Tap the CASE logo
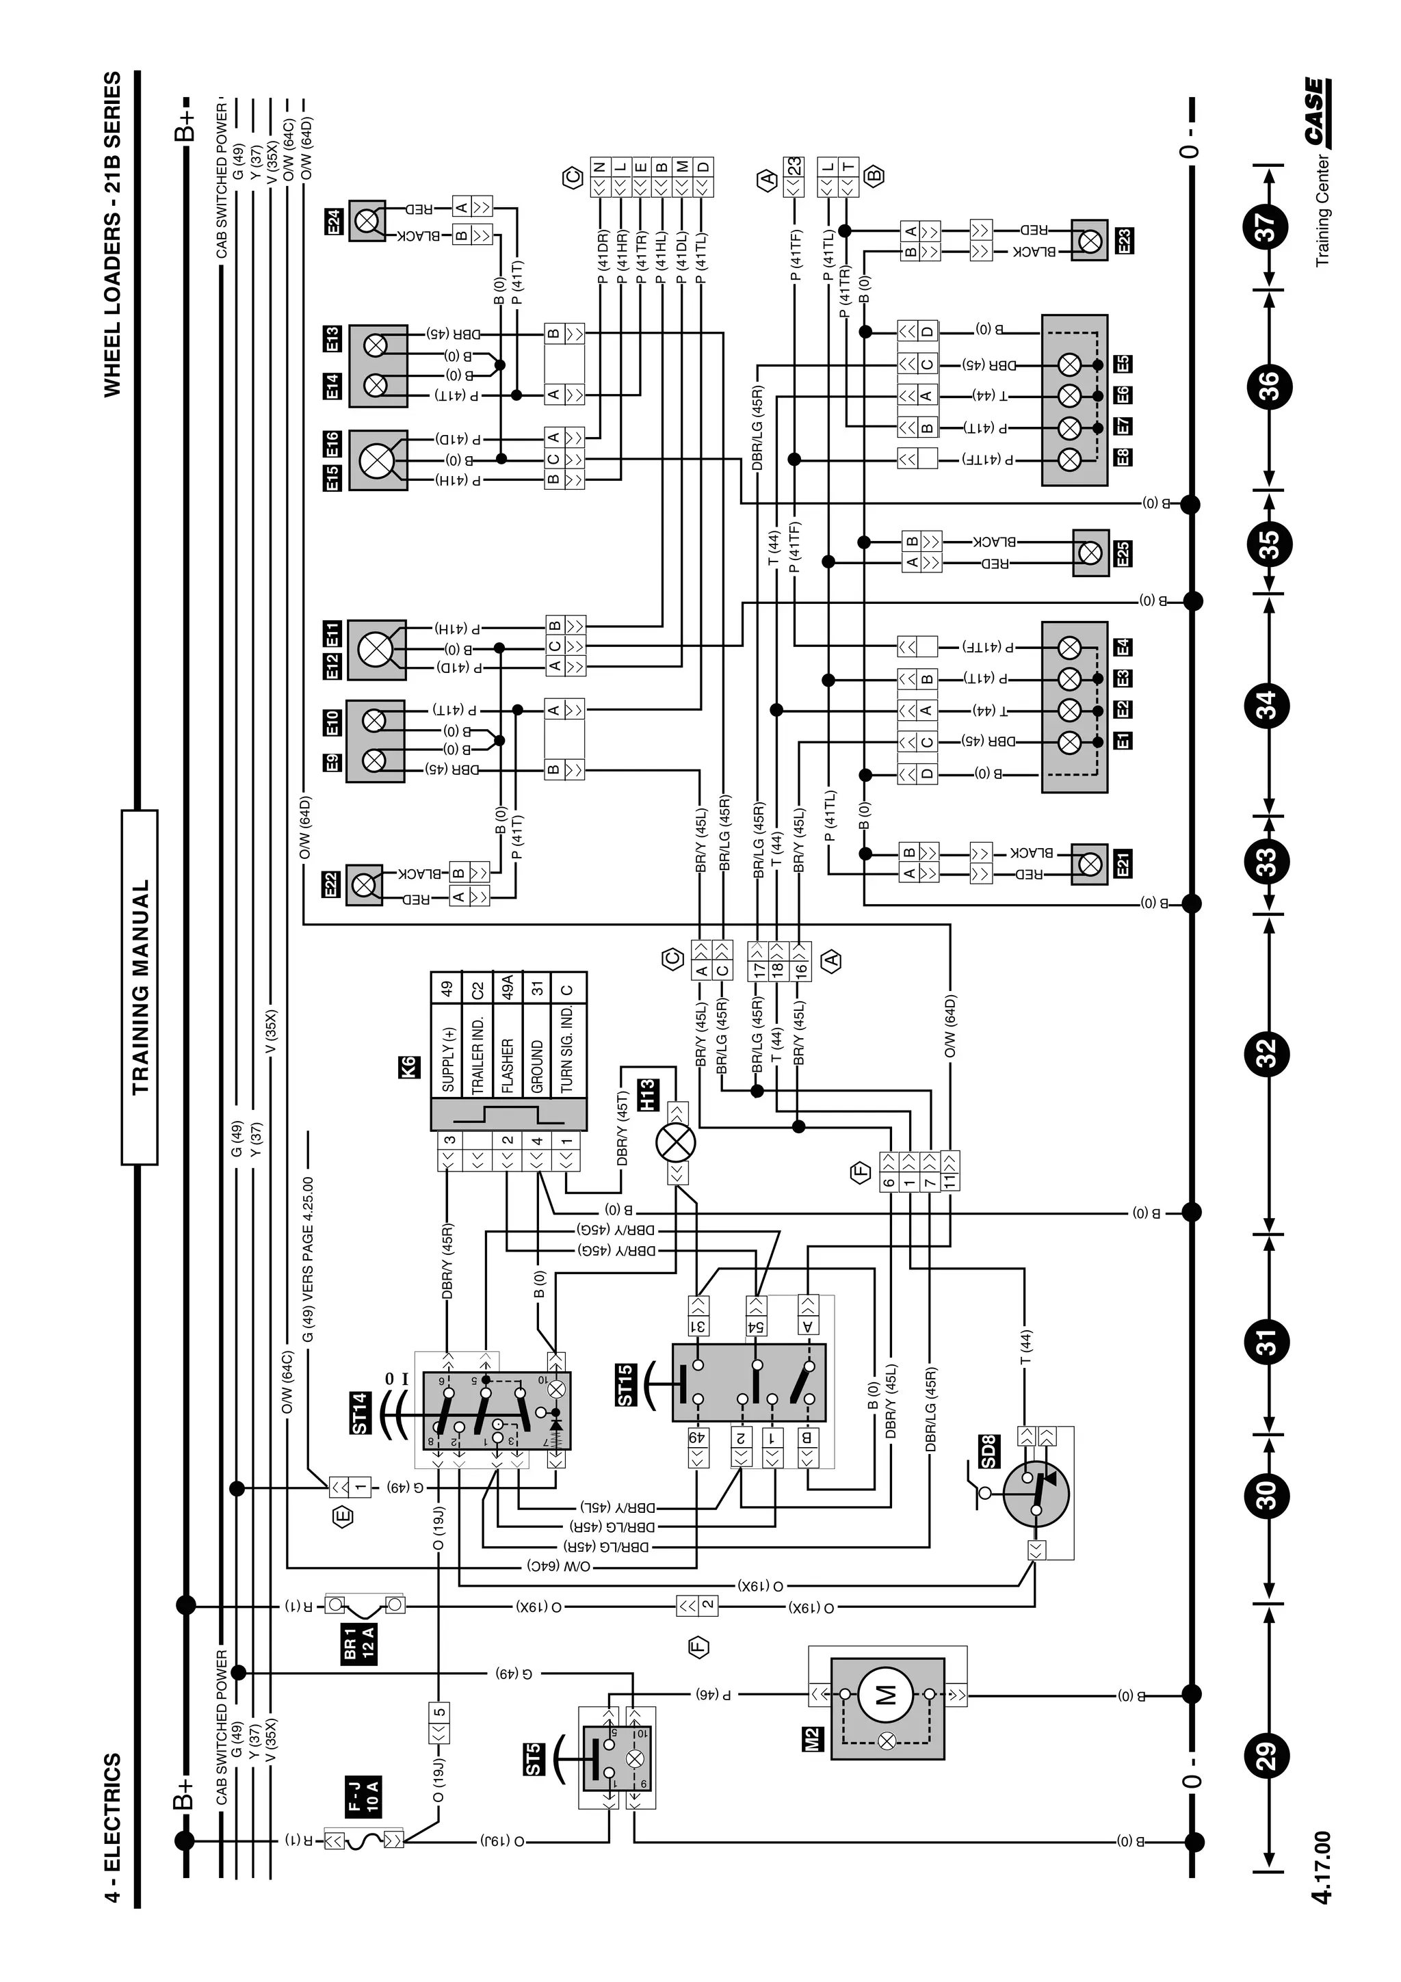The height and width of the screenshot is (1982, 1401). [x=1315, y=111]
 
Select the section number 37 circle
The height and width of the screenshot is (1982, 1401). [x=1266, y=227]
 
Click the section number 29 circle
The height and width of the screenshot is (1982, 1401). [x=1266, y=1756]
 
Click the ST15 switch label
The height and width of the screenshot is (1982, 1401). [x=627, y=1385]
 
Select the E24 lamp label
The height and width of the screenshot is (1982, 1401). [x=334, y=223]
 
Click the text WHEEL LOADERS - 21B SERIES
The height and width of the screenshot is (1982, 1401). [x=112, y=235]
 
